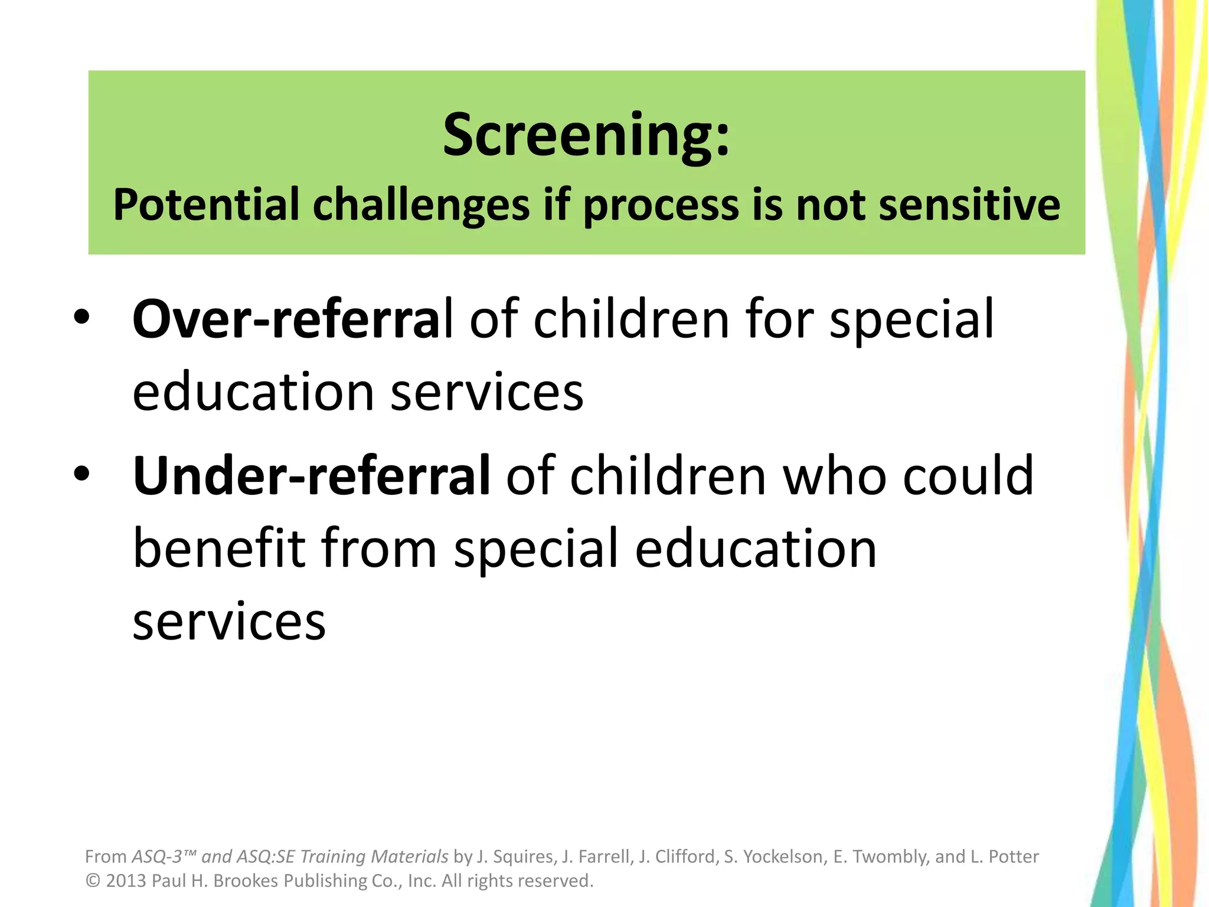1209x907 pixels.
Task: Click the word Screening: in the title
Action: (x=586, y=136)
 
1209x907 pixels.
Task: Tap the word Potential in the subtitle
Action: (x=206, y=205)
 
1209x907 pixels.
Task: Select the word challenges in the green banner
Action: (x=421, y=205)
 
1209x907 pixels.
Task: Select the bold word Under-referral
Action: (x=311, y=476)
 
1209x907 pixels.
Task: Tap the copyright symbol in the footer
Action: (x=93, y=881)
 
